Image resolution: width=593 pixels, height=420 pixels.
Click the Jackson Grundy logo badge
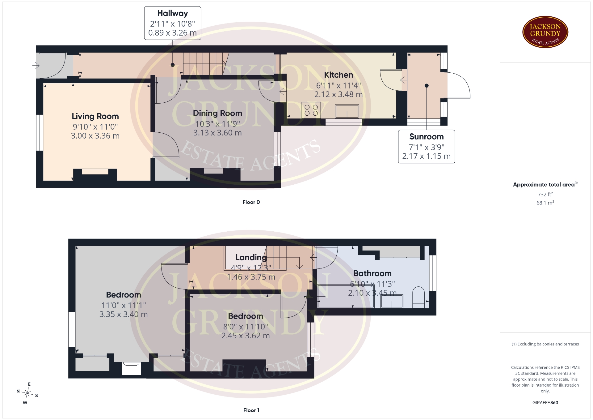(545, 32)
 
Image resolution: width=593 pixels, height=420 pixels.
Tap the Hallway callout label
(173, 23)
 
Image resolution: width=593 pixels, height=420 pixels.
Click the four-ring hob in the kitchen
(311, 110)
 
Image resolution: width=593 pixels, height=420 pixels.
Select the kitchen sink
(347, 111)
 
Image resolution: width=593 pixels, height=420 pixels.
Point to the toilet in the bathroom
(419, 297)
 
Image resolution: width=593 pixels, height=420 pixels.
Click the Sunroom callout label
(427, 147)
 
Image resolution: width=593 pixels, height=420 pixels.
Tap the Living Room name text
(95, 116)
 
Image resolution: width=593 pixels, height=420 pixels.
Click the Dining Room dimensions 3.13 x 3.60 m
(217, 133)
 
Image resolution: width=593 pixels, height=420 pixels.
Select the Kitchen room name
(339, 75)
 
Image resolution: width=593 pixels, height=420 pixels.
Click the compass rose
(27, 393)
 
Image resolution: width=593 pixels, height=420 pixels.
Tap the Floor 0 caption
(251, 202)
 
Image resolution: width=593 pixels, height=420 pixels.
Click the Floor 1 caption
(251, 410)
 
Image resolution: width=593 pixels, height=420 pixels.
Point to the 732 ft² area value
(545, 194)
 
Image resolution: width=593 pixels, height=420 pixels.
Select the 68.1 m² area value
(545, 203)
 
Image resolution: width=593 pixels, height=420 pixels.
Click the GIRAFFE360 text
(545, 402)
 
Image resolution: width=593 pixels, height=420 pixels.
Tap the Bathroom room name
(372, 273)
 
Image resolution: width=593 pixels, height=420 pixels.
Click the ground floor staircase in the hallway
(205, 63)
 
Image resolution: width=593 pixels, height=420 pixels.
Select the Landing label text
(251, 257)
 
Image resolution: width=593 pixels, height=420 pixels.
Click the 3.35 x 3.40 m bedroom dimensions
(124, 315)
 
